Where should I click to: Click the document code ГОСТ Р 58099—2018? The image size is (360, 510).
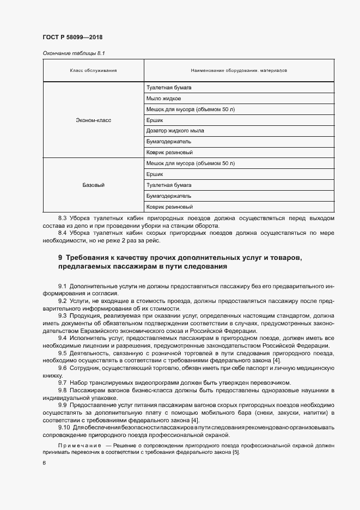pyautogui.click(x=72, y=38)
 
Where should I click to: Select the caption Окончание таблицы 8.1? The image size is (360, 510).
pyautogui.click(x=70, y=54)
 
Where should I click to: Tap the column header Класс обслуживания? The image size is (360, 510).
pyautogui.click(x=93, y=71)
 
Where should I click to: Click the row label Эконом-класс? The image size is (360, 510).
pyautogui.click(x=93, y=120)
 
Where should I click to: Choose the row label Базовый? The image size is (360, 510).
pyautogui.click(x=93, y=185)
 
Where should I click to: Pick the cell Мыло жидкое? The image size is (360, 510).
pyautogui.click(x=163, y=99)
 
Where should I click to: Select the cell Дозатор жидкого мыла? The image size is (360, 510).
pyautogui.click(x=175, y=131)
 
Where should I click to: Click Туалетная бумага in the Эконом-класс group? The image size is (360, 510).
pyautogui.click(x=168, y=88)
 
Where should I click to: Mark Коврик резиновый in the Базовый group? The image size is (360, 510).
pyautogui.click(x=170, y=207)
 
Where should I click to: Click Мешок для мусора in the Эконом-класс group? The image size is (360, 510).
pyautogui.click(x=190, y=110)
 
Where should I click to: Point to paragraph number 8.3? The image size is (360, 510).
pyautogui.click(x=62, y=218)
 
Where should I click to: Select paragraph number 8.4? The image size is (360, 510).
pyautogui.click(x=62, y=233)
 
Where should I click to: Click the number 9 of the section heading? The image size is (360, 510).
pyautogui.click(x=60, y=257)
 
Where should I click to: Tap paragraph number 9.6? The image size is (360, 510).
pyautogui.click(x=62, y=367)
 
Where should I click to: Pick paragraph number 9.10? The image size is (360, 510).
pyautogui.click(x=64, y=427)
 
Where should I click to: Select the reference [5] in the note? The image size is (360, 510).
pyautogui.click(x=235, y=453)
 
